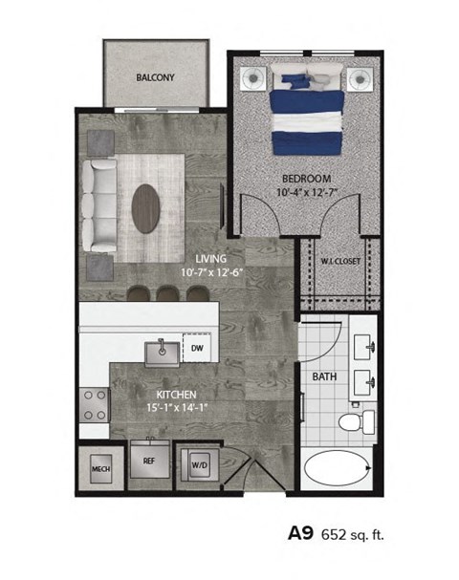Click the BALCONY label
(x=154, y=76)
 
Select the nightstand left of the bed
(x=253, y=77)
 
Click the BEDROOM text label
(x=306, y=179)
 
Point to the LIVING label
(x=212, y=258)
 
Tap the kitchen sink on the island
(x=162, y=351)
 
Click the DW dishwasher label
(x=197, y=349)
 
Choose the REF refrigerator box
(x=149, y=460)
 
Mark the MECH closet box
(x=99, y=469)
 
